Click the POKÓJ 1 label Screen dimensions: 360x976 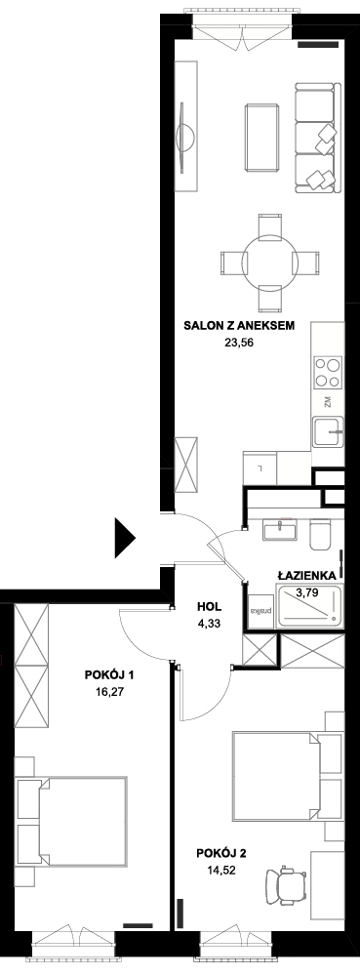click(109, 674)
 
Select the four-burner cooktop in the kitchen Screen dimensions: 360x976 click(327, 372)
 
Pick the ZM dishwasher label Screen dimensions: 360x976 click(328, 403)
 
